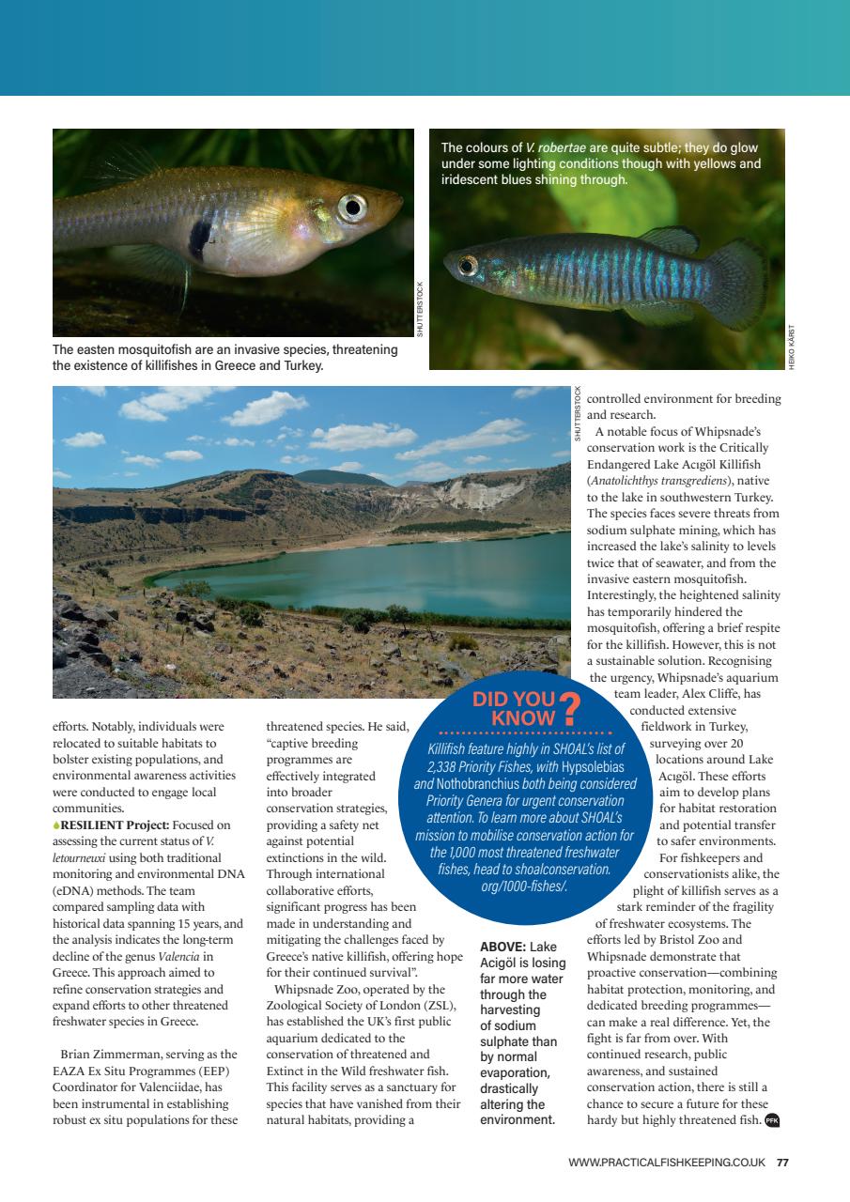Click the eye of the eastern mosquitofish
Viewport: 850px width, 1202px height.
[x=352, y=206]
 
